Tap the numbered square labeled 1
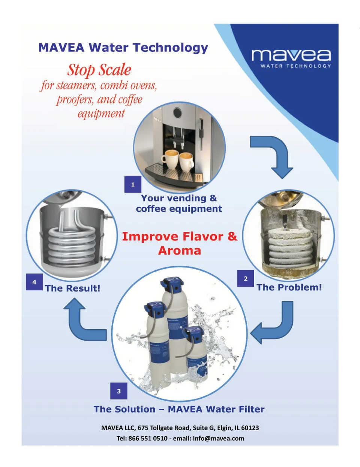133,184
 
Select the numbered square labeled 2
246,279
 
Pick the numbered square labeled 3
118,391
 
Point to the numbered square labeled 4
34,282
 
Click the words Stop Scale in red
99,70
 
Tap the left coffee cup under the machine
170,159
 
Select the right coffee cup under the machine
186,162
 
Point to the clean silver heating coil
72,245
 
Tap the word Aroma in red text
180,251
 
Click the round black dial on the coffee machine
177,113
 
